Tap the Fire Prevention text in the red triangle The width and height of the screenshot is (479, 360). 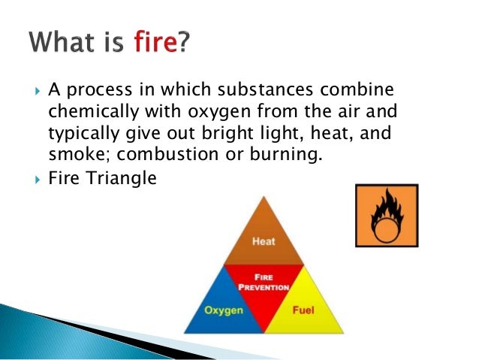point(264,281)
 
